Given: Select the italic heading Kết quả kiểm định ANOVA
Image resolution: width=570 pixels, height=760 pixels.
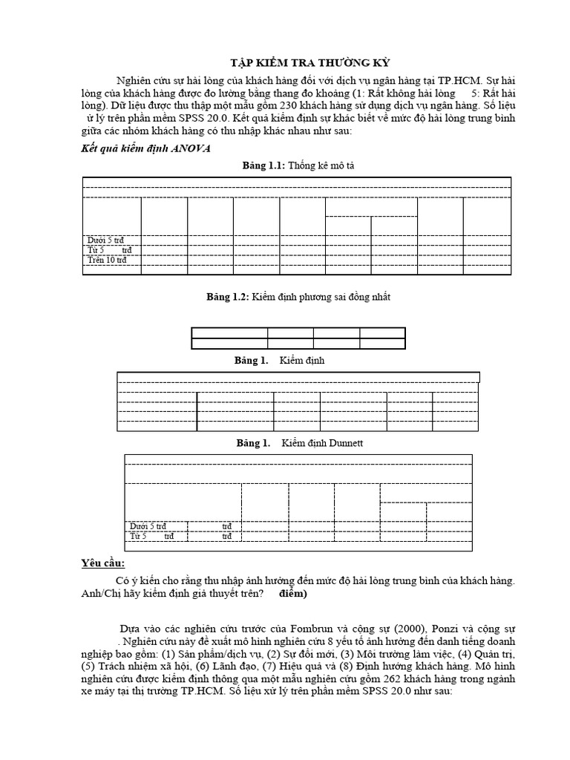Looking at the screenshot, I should [145, 148].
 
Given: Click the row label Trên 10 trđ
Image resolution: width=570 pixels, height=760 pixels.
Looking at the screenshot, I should [107, 260].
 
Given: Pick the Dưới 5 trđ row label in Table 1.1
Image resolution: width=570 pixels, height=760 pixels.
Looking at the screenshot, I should [105, 240].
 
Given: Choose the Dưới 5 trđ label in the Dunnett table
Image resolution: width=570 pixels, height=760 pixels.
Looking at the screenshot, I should [148, 526].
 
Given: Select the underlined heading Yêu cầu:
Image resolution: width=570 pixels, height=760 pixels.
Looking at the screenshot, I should [103, 563].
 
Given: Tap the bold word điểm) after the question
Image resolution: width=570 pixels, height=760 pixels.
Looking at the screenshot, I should [298, 594].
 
